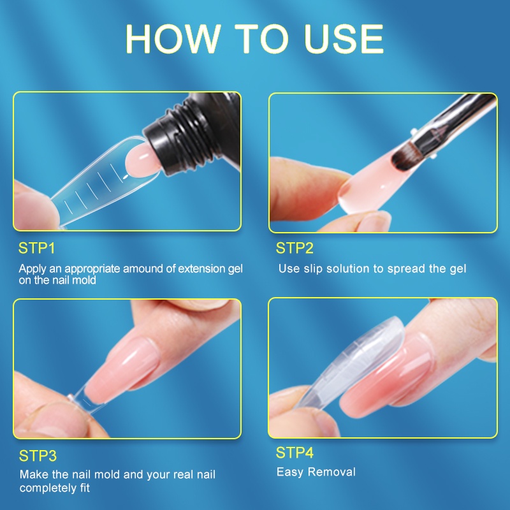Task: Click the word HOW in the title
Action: (x=173, y=39)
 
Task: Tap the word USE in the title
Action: (x=344, y=39)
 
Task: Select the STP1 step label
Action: (x=37, y=248)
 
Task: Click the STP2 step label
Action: (x=295, y=248)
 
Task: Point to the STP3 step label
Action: (x=38, y=456)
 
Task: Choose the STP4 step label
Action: (x=295, y=453)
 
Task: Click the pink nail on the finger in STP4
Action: (x=390, y=377)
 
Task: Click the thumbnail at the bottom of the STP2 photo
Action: (x=374, y=221)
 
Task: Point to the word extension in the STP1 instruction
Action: (x=201, y=268)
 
